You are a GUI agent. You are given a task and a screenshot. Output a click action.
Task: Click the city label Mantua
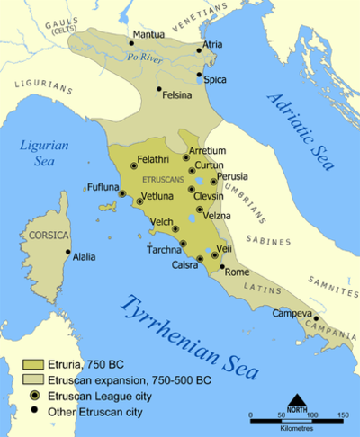(148, 35)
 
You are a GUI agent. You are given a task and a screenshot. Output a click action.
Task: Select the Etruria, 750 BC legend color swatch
(33, 364)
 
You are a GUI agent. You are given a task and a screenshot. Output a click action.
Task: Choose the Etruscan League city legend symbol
(33, 395)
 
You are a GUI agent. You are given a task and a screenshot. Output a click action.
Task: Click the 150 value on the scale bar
(342, 415)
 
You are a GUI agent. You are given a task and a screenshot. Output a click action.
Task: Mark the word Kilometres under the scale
(297, 429)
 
